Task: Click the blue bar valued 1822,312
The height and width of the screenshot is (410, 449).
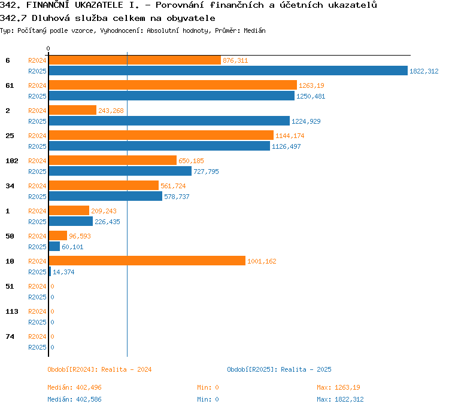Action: (x=228, y=71)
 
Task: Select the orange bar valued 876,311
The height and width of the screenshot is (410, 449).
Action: (x=135, y=60)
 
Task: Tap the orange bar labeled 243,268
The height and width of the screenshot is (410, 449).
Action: (x=72, y=110)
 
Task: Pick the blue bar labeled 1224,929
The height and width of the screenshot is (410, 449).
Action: (x=169, y=121)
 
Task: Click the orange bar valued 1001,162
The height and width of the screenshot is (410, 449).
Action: (x=147, y=261)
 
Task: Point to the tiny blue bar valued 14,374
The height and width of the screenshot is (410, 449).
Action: (x=50, y=271)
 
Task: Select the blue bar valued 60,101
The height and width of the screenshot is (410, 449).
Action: (x=54, y=246)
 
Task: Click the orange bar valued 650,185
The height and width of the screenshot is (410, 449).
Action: (x=113, y=160)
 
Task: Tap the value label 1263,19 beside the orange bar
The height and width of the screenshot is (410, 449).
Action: (x=311, y=85)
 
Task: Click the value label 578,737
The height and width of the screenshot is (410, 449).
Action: (x=177, y=197)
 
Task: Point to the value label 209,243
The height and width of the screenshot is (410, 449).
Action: (x=104, y=211)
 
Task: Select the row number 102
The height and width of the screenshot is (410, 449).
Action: (x=12, y=161)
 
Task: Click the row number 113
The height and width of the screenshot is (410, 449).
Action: (x=12, y=311)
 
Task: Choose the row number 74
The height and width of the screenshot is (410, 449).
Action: (x=10, y=336)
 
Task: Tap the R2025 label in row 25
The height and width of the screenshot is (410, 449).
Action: (x=37, y=146)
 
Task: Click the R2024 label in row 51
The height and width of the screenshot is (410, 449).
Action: (x=37, y=286)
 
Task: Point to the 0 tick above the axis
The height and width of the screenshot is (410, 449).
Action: (x=48, y=48)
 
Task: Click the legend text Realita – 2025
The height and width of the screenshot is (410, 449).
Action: (x=306, y=369)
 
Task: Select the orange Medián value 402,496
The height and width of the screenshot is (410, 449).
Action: (x=89, y=387)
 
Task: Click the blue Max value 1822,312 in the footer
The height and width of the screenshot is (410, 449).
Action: (x=349, y=399)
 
